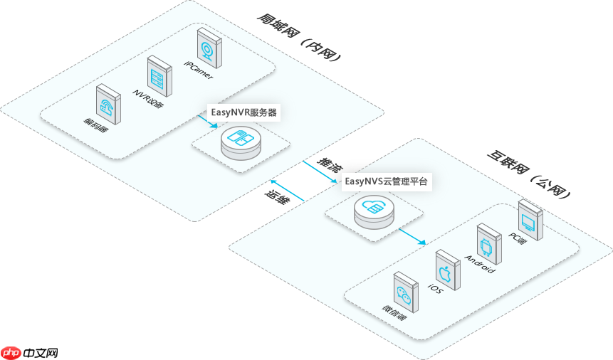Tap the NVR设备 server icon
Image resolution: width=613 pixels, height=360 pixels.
pos(157,75)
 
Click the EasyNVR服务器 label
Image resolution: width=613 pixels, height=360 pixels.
pos(243,112)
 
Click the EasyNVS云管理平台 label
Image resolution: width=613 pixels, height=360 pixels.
pos(387,181)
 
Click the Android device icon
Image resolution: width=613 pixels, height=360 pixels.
pos(487,243)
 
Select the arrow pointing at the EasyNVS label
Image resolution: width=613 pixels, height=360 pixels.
pos(318,171)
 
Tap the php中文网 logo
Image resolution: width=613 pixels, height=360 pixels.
pos(29,352)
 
